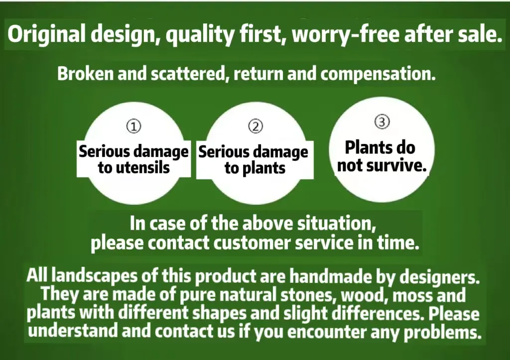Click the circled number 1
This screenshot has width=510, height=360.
133,126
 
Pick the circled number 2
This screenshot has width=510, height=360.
255,126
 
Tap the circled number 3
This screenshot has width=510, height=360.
382,121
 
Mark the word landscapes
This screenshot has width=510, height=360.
95,276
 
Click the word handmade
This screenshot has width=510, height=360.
331,276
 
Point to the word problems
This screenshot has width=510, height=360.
442,332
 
